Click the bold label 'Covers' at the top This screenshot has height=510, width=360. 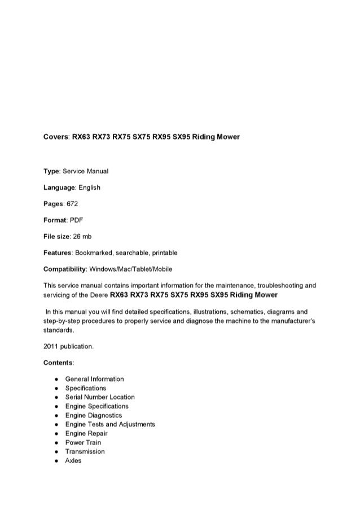[x=55, y=137]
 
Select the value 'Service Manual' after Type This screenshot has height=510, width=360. [x=87, y=171]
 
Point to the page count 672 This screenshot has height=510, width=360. [x=72, y=202]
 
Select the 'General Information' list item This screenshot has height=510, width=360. [x=94, y=379]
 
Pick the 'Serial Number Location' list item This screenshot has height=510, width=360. [x=100, y=397]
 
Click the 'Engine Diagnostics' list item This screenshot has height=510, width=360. [x=93, y=415]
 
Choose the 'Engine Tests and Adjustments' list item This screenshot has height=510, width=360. [x=110, y=424]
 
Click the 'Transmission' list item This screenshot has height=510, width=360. [x=85, y=451]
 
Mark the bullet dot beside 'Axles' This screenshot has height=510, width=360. [x=52, y=461]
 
